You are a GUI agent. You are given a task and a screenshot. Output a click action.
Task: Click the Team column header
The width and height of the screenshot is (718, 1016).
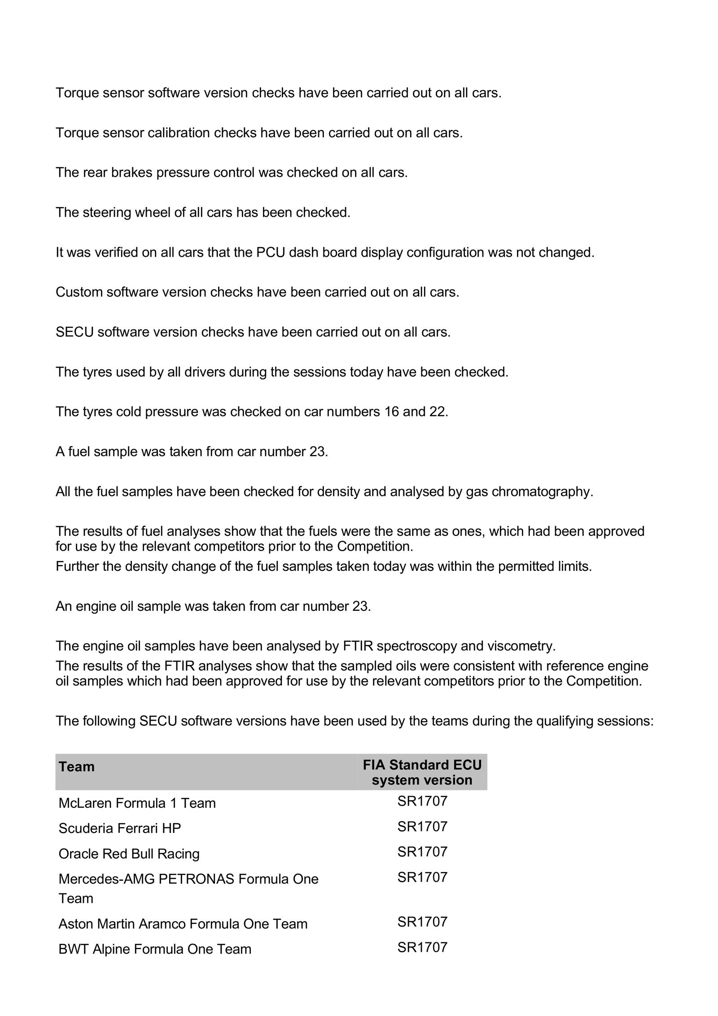point(77,766)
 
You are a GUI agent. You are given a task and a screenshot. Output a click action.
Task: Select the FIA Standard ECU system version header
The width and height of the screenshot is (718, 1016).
point(422,772)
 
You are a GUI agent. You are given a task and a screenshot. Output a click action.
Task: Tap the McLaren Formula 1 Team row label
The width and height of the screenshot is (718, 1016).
point(137,803)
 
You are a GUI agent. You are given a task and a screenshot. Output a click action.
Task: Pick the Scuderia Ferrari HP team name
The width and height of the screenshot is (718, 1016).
point(119,828)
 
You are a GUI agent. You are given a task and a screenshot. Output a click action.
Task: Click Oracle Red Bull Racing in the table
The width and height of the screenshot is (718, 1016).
point(129,853)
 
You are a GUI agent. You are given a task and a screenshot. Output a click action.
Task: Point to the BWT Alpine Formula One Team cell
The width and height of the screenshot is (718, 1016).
point(155,949)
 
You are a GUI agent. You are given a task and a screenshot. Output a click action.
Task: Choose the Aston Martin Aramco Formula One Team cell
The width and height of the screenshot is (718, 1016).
point(183,924)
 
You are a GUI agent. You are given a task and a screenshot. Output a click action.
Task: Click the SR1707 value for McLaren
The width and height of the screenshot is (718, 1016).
point(422,801)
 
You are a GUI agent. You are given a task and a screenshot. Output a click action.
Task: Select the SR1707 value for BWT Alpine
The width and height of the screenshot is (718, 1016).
point(422,947)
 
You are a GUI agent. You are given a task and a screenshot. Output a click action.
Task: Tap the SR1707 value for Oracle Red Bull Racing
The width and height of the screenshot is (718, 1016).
point(422,851)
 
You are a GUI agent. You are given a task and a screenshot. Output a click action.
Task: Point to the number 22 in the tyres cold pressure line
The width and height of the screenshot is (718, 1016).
point(438,412)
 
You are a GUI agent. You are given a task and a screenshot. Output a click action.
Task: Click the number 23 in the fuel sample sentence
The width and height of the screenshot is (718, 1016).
point(318,451)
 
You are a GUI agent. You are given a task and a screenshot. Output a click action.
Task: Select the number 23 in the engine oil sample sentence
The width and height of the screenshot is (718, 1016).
point(361,606)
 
